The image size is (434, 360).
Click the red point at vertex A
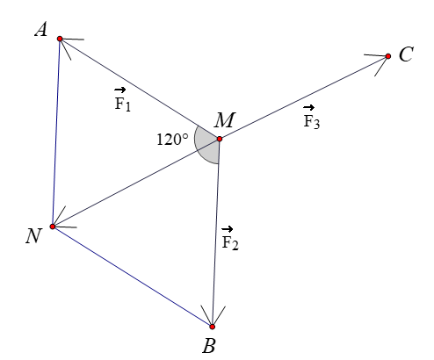60,39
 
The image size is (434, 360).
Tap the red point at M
219,139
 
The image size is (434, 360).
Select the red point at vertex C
388,56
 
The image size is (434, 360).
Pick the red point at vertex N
53,227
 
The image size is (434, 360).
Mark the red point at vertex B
212,327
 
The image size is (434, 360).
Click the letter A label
40,30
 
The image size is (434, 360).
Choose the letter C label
405,55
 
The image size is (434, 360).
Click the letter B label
209,346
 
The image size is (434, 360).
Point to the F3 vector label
312,119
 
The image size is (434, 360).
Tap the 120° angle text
171,138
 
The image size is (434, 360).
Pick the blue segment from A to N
56,132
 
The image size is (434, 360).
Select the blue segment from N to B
132,277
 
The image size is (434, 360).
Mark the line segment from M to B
215,233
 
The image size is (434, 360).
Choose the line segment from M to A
139,89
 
